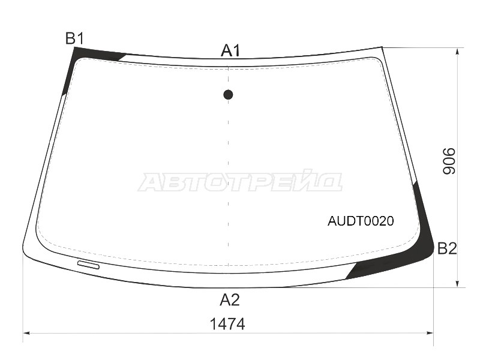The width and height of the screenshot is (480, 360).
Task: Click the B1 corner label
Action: point(74,39)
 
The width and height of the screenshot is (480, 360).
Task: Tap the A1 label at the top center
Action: point(230,50)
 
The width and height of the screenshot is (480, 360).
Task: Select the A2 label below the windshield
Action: point(229,299)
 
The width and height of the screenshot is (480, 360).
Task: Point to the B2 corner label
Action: point(447,248)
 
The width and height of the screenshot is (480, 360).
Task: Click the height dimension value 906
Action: point(449,161)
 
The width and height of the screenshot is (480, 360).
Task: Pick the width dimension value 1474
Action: point(227,324)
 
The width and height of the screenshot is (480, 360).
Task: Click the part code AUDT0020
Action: point(360,221)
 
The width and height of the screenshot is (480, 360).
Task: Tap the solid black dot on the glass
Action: point(228,94)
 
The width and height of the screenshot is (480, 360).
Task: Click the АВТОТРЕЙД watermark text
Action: point(240,181)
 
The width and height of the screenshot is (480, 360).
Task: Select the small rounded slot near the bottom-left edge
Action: point(89,265)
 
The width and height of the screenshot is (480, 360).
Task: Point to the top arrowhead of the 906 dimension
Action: point(458,52)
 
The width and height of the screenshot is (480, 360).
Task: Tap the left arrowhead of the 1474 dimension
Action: point(27,332)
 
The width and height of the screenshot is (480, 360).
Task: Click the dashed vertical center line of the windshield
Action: point(228,180)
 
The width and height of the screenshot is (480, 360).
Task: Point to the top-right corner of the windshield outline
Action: point(382,47)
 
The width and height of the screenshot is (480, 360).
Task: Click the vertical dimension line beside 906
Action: point(458,120)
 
